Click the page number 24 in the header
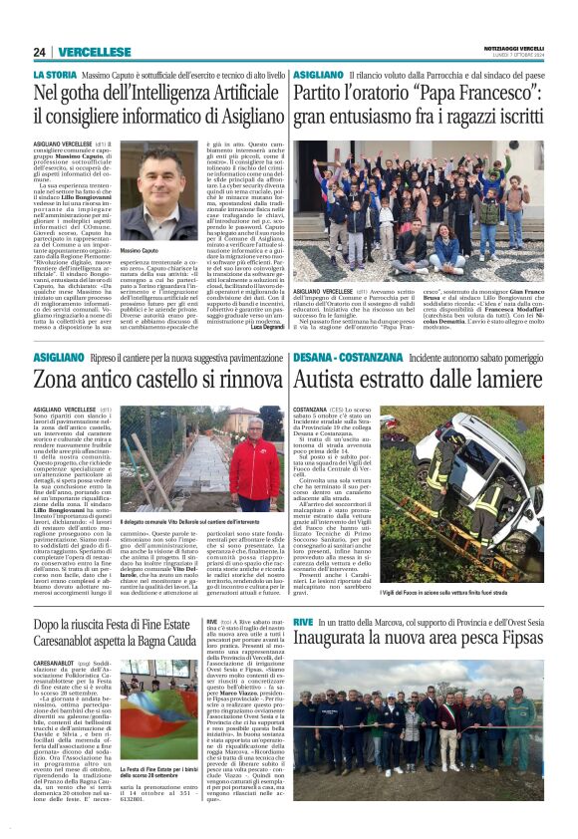coord(40,52)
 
